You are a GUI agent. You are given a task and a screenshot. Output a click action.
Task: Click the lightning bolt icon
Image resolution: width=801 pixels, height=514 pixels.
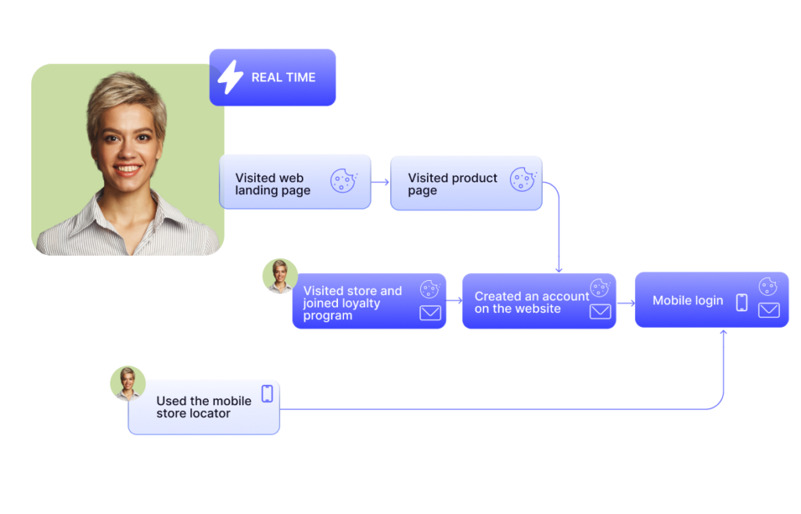(x=230, y=77)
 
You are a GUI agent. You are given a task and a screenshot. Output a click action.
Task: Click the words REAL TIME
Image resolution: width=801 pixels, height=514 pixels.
(x=283, y=77)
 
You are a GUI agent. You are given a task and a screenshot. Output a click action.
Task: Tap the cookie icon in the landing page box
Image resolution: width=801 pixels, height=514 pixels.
(x=343, y=181)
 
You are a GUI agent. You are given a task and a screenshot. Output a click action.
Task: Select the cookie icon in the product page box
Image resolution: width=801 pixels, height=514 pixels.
(x=523, y=179)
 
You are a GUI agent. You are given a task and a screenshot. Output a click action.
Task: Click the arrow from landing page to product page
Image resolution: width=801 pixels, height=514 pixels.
(x=380, y=182)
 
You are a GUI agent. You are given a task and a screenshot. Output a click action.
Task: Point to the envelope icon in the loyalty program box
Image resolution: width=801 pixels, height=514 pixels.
(x=430, y=313)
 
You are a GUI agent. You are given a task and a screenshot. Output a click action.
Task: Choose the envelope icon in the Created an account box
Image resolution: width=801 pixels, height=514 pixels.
(x=600, y=311)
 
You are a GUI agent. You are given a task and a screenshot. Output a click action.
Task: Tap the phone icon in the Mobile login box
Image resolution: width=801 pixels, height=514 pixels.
(x=742, y=302)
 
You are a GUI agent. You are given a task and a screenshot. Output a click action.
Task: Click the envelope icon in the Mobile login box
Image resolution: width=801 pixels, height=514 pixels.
(x=769, y=310)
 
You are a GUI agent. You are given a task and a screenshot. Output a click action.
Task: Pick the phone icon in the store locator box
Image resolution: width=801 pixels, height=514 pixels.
(x=268, y=394)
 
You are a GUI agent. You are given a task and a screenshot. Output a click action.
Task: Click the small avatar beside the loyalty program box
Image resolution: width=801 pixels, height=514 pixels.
(x=279, y=276)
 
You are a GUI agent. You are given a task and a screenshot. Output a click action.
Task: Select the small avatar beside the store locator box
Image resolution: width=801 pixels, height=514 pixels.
(x=128, y=383)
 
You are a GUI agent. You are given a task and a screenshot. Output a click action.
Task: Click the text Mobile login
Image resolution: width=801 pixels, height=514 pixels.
(x=688, y=300)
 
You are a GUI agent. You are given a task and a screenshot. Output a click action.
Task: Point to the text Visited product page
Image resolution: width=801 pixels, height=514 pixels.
(x=452, y=184)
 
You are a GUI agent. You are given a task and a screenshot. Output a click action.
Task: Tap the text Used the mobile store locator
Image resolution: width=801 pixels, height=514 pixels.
(x=203, y=407)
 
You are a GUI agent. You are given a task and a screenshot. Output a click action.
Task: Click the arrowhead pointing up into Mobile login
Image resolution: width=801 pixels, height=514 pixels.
(x=724, y=332)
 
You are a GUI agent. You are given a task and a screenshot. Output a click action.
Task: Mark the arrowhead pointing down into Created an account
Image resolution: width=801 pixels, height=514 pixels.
(x=559, y=270)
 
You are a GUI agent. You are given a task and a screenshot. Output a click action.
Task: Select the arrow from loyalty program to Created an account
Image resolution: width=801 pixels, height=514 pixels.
(x=454, y=300)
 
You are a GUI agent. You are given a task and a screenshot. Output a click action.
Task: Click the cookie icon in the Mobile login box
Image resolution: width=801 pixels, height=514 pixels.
(x=767, y=287)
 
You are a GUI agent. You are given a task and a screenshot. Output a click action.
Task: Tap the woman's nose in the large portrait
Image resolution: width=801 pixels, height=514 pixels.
(x=127, y=149)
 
